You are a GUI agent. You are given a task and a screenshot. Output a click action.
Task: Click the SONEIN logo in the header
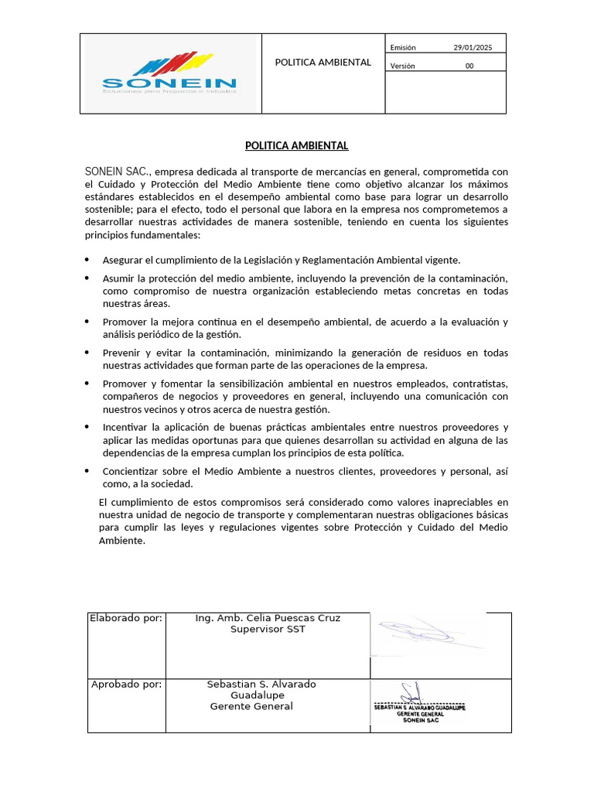169,73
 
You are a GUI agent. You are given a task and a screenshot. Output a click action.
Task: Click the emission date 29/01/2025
472,48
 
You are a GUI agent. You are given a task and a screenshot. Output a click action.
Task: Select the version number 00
469,66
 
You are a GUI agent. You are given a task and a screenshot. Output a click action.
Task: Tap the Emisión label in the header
403,48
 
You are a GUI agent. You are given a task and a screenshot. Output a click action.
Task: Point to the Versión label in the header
402,66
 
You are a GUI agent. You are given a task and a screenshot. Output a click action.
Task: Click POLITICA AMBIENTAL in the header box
323,62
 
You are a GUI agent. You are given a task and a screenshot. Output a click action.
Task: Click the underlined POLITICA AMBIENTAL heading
297,145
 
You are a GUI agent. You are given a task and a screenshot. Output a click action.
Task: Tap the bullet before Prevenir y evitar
87,353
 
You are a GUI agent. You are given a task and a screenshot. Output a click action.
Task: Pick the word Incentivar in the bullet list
127,427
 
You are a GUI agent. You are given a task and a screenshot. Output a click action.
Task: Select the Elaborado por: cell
126,618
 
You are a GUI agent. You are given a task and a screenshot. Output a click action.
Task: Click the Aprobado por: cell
126,684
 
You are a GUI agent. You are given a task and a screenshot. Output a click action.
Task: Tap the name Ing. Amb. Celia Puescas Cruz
268,618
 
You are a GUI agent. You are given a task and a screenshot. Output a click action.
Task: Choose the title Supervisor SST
268,630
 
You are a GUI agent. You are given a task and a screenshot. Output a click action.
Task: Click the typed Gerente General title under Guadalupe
251,706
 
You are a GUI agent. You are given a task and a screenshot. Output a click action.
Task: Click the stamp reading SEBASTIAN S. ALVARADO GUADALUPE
420,708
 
